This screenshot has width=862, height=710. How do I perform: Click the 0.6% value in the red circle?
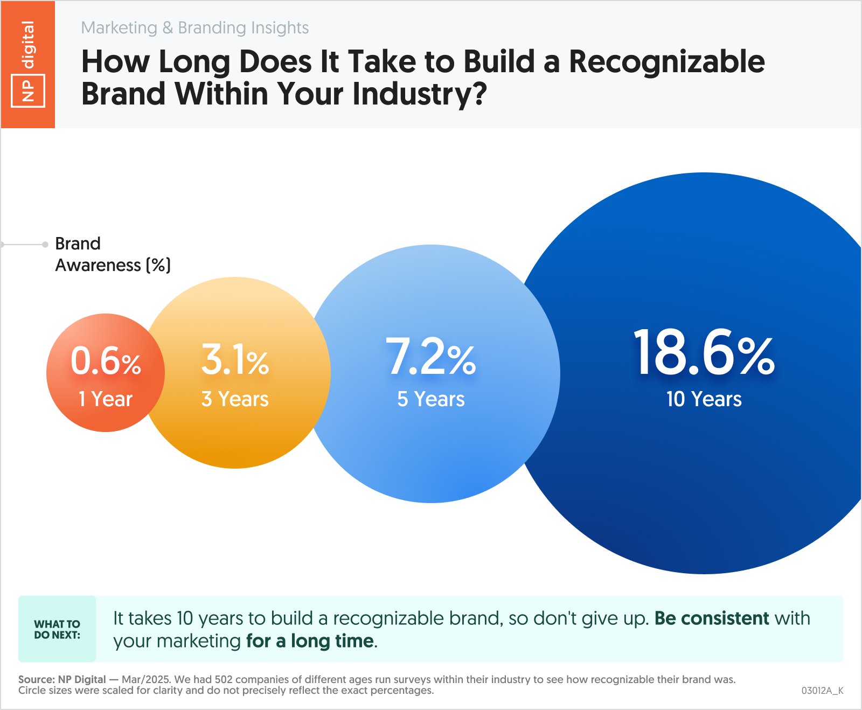tap(106, 361)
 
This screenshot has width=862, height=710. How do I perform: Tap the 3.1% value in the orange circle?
tap(235, 360)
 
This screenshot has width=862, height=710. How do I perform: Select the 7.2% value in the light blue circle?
tap(430, 357)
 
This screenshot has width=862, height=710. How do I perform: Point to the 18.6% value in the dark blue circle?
tap(704, 353)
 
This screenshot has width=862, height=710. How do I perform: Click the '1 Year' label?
tap(106, 399)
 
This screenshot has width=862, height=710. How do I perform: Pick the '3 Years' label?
tap(235, 399)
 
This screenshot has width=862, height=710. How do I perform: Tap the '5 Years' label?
tap(430, 399)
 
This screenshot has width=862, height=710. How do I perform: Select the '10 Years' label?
tap(704, 399)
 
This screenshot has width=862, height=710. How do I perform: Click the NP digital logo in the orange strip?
tap(28, 64)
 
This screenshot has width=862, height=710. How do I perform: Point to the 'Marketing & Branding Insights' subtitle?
tap(194, 27)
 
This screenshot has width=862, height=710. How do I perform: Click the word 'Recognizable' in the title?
tap(666, 61)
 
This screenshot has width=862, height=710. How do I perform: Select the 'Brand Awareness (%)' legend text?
tap(112, 254)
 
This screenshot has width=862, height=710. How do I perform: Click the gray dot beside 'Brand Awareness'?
tap(45, 245)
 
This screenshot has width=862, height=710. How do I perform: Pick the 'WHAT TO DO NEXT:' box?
tap(57, 629)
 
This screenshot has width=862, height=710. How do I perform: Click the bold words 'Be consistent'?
tap(711, 618)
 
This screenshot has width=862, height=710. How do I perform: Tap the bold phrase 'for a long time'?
tap(310, 641)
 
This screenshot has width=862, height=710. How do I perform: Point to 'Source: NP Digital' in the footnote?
tap(62, 679)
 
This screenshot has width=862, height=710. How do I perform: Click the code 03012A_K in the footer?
tap(822, 691)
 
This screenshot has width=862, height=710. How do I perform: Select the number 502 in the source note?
tap(223, 679)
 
